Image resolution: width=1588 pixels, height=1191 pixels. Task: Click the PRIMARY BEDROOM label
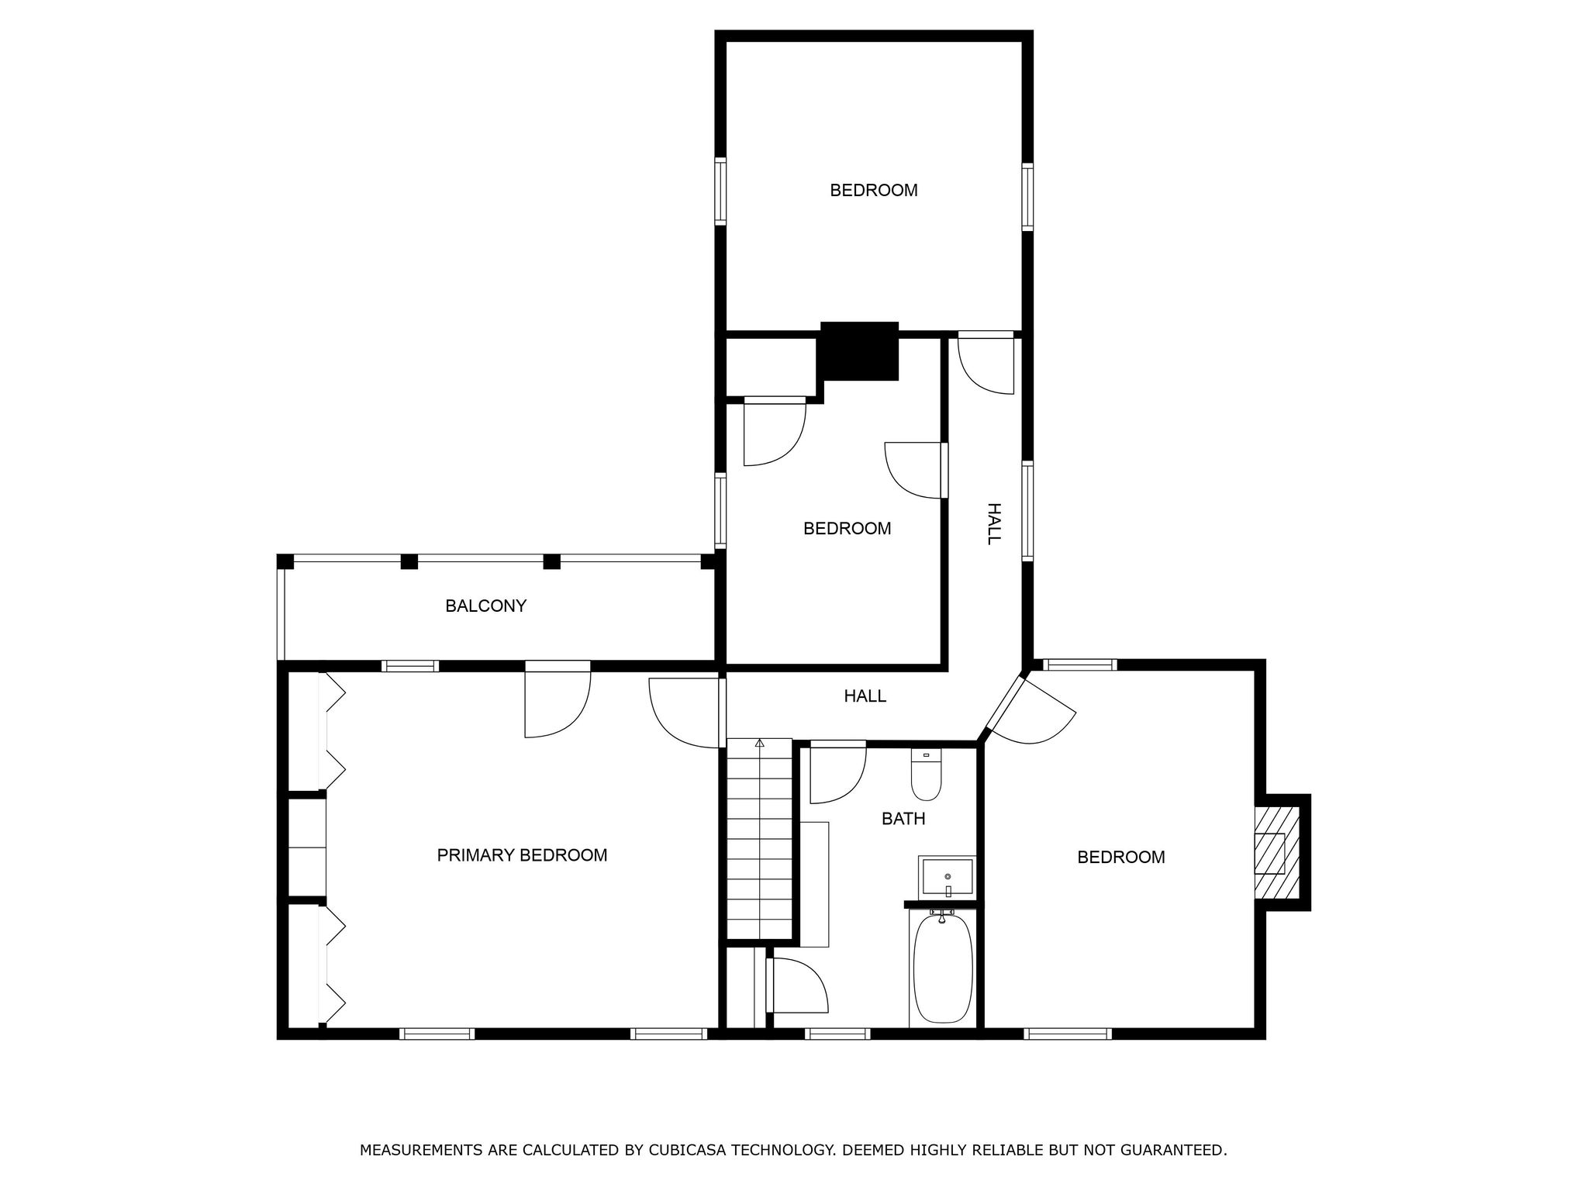click(522, 855)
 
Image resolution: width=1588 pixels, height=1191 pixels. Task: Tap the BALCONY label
click(485, 606)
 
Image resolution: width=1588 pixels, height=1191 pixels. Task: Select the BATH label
click(903, 819)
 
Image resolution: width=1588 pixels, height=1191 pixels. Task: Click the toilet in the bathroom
click(926, 775)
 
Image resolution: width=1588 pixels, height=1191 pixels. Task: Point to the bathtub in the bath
click(942, 969)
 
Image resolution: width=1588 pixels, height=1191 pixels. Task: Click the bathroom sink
click(947, 876)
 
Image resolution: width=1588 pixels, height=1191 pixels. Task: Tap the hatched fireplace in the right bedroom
click(1276, 853)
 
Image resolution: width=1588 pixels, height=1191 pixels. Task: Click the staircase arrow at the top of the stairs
click(760, 744)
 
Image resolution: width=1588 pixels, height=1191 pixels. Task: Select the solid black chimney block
click(859, 350)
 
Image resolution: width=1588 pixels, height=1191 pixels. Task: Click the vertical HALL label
click(994, 524)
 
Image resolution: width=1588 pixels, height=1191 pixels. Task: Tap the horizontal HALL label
click(865, 696)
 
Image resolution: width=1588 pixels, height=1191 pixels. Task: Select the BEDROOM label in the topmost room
click(874, 191)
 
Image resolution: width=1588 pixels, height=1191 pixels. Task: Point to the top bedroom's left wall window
click(720, 192)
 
